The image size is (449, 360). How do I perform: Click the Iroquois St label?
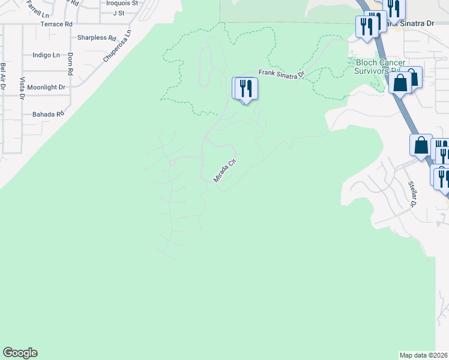[122, 3]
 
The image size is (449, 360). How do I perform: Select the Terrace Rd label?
[56, 24]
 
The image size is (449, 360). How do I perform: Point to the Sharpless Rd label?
[97, 37]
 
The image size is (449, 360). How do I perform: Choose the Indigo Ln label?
[46, 55]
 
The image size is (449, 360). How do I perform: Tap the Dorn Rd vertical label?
[70, 64]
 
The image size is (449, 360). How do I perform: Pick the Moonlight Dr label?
[46, 87]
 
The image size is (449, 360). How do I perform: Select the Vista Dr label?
[22, 88]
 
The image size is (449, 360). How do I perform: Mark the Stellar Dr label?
[412, 194]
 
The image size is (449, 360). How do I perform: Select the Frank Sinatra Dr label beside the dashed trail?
[282, 73]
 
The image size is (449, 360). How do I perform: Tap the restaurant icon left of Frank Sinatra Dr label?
[245, 89]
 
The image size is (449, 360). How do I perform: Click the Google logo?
[20, 353]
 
